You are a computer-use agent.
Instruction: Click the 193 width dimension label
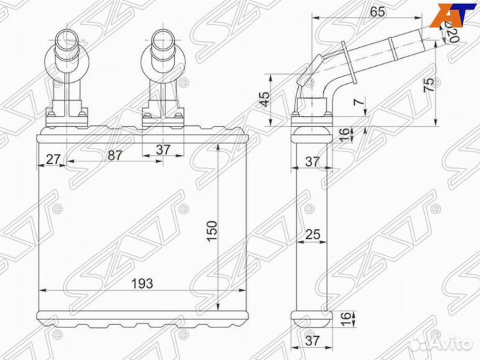click(142, 283)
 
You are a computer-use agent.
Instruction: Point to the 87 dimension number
click(114, 156)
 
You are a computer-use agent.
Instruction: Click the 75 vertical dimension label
click(430, 85)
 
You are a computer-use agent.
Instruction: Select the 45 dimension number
click(265, 99)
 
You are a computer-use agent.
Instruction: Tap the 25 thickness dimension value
click(312, 235)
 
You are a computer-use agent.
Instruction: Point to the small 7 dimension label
click(359, 103)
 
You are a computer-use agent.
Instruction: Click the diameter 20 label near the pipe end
click(452, 30)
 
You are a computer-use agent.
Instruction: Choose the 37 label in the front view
click(163, 150)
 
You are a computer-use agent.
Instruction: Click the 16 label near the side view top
click(344, 134)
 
